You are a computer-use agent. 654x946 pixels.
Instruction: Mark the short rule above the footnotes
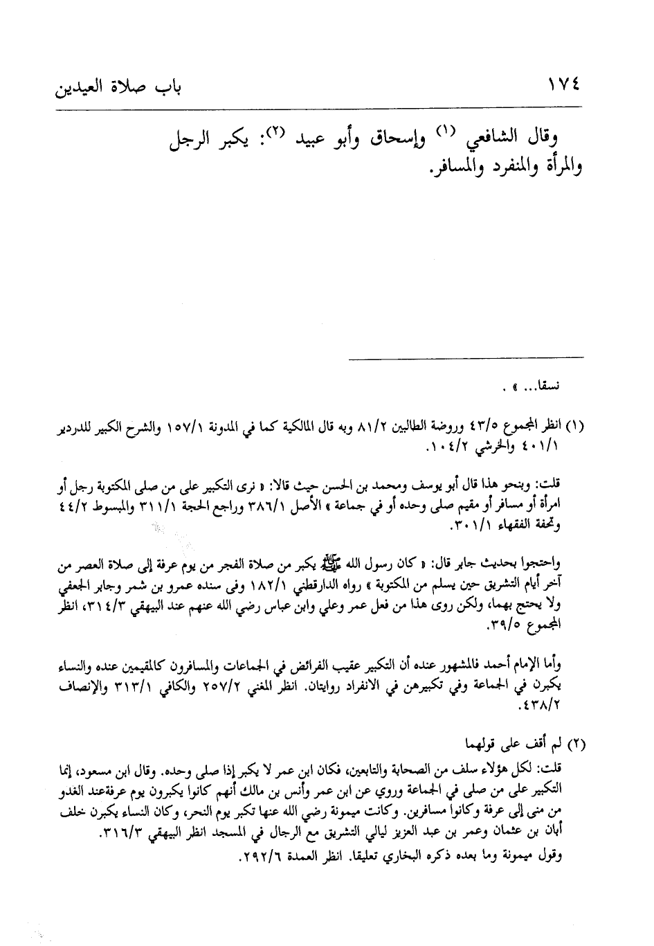tap(465, 358)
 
